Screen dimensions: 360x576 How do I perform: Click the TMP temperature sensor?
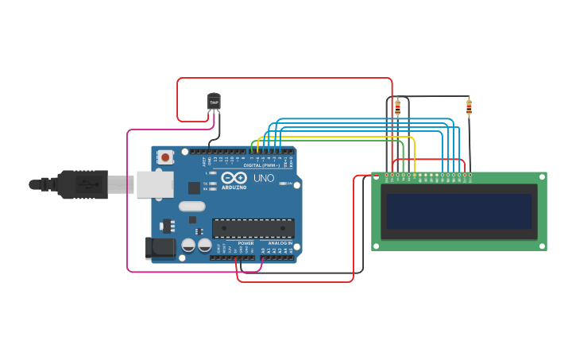click(214, 102)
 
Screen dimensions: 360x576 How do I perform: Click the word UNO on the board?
click(263, 179)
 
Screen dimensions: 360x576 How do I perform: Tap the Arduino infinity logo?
click(234, 178)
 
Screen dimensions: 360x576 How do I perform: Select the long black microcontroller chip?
click(253, 228)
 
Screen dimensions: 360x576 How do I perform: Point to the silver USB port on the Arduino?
click(154, 184)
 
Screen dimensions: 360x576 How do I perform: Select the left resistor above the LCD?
click(397, 107)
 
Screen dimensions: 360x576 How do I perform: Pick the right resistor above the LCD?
click(469, 106)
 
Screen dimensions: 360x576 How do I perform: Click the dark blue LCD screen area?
click(458, 211)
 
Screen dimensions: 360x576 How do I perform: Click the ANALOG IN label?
click(280, 242)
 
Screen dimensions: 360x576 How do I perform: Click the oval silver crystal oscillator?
click(192, 207)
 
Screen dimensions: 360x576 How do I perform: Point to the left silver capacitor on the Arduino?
click(189, 245)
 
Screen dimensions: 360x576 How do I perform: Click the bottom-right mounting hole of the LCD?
click(541, 245)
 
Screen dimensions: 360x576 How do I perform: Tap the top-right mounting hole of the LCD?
click(541, 177)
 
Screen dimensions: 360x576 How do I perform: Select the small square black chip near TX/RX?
click(194, 188)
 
